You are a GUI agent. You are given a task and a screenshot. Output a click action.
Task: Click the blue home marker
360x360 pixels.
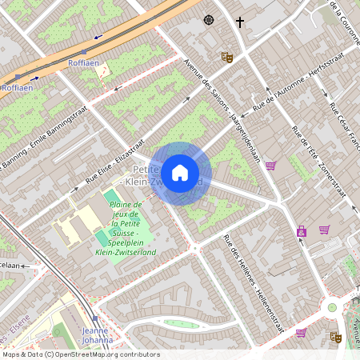180,172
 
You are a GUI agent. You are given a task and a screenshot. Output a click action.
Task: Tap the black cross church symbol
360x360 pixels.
239,21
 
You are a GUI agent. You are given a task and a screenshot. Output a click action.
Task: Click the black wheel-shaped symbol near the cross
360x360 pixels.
209,20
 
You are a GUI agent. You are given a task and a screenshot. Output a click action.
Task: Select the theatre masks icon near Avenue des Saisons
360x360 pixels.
226,58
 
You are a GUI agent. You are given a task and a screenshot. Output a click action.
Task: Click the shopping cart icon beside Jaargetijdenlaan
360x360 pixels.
270,166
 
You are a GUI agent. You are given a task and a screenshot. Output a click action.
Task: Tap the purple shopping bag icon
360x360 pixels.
302,231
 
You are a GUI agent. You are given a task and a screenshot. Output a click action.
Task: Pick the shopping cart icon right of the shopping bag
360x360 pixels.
324,230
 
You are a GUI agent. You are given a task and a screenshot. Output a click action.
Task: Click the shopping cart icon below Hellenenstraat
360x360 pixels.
301,332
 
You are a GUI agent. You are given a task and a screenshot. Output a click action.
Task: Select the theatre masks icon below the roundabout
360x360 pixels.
337,338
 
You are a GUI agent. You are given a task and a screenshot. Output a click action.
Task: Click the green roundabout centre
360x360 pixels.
332,307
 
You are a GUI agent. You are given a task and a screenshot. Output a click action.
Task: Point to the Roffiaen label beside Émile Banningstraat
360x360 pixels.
83,62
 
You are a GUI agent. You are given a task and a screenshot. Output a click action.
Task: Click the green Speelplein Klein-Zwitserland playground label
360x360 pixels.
126,232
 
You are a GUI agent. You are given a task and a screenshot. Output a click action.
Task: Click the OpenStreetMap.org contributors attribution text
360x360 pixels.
108,354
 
